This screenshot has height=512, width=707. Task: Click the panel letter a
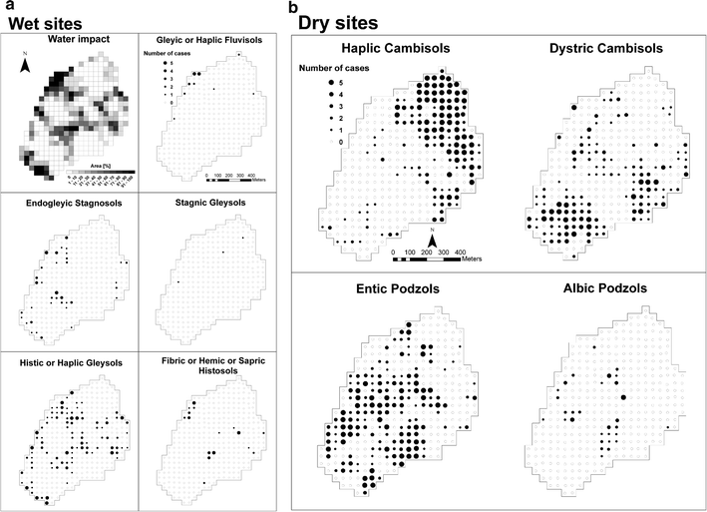[9, 6]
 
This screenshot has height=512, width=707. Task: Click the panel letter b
[292, 7]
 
